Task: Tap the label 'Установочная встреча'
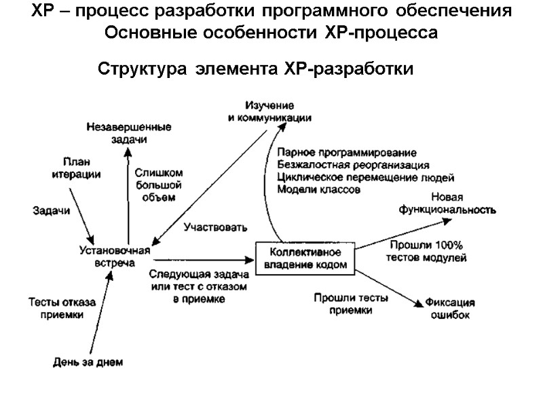click(114, 256)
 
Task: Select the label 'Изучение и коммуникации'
click(269, 111)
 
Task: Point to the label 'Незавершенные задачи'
click(129, 132)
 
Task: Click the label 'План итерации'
click(77, 168)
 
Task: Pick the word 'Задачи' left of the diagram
click(52, 211)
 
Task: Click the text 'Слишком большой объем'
click(157, 185)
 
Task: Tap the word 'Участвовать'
click(215, 227)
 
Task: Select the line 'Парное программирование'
click(347, 152)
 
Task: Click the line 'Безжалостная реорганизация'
click(353, 165)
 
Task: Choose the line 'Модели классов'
click(318, 191)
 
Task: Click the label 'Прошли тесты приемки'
click(351, 303)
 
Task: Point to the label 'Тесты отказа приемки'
click(62, 308)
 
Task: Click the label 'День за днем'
click(88, 362)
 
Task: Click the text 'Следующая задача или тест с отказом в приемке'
click(195, 287)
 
